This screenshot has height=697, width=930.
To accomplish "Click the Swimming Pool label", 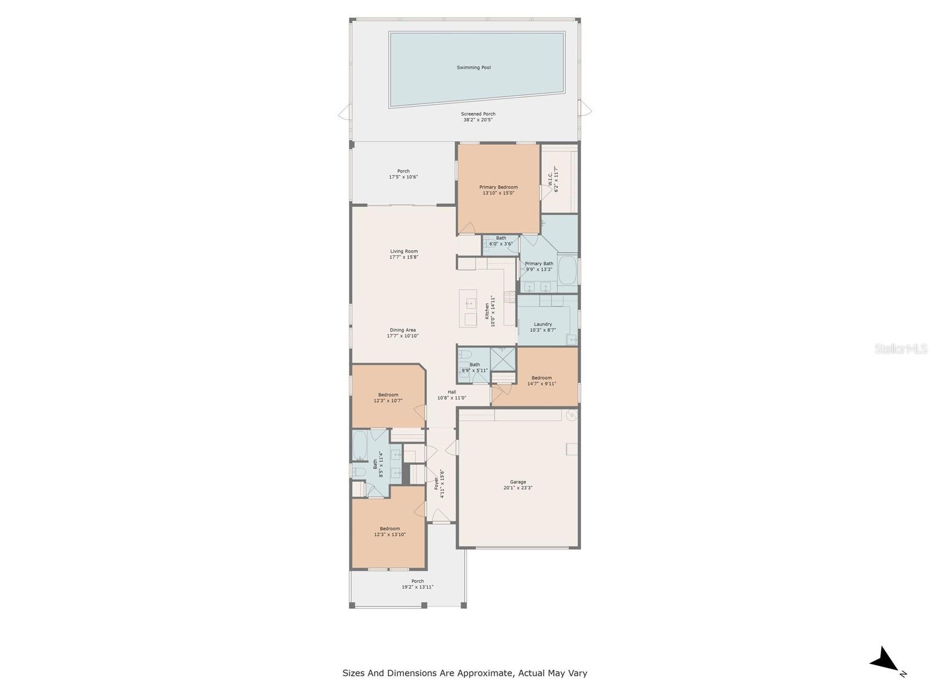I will [474, 67].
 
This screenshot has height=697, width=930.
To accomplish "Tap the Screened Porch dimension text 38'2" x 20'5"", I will [479, 120].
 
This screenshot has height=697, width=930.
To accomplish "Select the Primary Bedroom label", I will [498, 187].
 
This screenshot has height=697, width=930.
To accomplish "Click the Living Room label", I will [404, 252].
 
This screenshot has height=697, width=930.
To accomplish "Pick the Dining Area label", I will [403, 330].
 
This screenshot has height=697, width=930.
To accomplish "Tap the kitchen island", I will [468, 308].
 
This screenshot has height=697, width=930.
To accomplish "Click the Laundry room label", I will [543, 324].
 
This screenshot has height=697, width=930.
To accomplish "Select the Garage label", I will [518, 482].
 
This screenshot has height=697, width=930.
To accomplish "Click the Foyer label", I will [437, 483].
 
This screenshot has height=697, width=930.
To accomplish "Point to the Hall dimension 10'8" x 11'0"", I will [452, 398].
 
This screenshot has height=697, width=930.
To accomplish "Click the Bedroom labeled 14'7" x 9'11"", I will [542, 378].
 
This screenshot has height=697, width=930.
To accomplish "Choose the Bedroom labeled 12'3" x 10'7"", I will [388, 395].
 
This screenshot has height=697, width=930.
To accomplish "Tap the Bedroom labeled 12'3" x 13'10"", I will [389, 529].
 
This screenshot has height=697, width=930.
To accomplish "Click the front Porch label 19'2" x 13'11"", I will [417, 581].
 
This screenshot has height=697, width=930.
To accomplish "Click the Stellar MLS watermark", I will [901, 349].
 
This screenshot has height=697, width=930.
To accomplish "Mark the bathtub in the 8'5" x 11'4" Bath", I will [360, 445].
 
